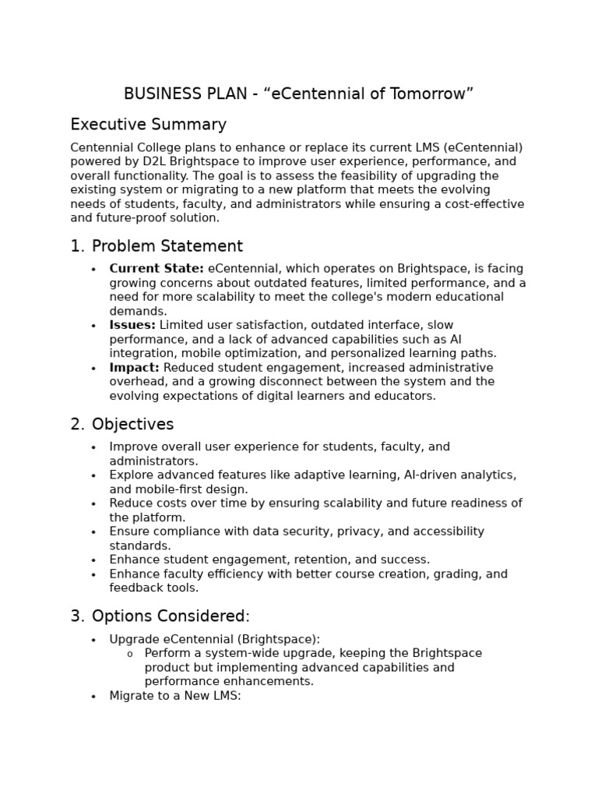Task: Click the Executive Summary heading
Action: (148, 125)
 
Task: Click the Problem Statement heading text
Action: (167, 246)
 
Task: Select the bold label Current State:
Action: (157, 269)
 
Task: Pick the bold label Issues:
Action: (132, 325)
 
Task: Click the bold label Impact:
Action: (135, 368)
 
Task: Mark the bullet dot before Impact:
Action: (93, 369)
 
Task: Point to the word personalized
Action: (384, 353)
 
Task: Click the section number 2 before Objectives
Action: (76, 425)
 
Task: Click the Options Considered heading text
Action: (171, 616)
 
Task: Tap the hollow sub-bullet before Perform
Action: (129, 654)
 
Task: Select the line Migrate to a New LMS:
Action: (175, 696)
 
